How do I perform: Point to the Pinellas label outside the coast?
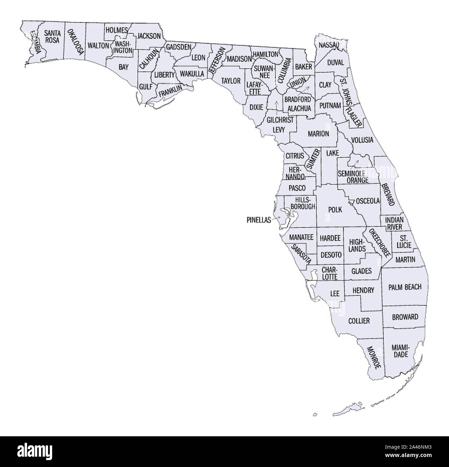[x=259, y=220]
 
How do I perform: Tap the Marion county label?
[x=318, y=133]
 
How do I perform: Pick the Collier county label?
[x=359, y=321]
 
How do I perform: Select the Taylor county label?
[x=231, y=81]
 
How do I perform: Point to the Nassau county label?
[x=329, y=45]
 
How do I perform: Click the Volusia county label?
[x=362, y=140]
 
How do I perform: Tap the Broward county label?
[x=405, y=317]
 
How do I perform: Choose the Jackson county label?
[x=149, y=36]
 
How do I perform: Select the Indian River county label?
[x=393, y=223]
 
